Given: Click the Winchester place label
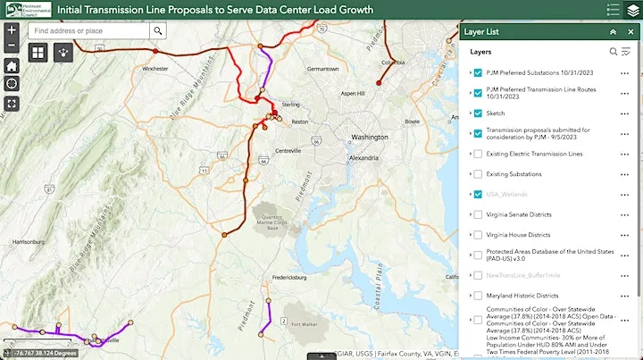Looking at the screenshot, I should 154,68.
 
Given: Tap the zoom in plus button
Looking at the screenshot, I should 11,29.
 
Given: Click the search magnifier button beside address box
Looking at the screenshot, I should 158,30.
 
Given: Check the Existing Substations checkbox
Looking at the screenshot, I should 479,174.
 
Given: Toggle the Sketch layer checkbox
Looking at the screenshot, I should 479,113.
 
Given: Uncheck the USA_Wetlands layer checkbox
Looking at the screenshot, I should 479,194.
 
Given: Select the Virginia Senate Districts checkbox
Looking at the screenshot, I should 479,214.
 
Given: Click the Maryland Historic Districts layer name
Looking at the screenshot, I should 522,295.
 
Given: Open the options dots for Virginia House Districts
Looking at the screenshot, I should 625,235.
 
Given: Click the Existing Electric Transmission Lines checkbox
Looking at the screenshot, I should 479,154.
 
